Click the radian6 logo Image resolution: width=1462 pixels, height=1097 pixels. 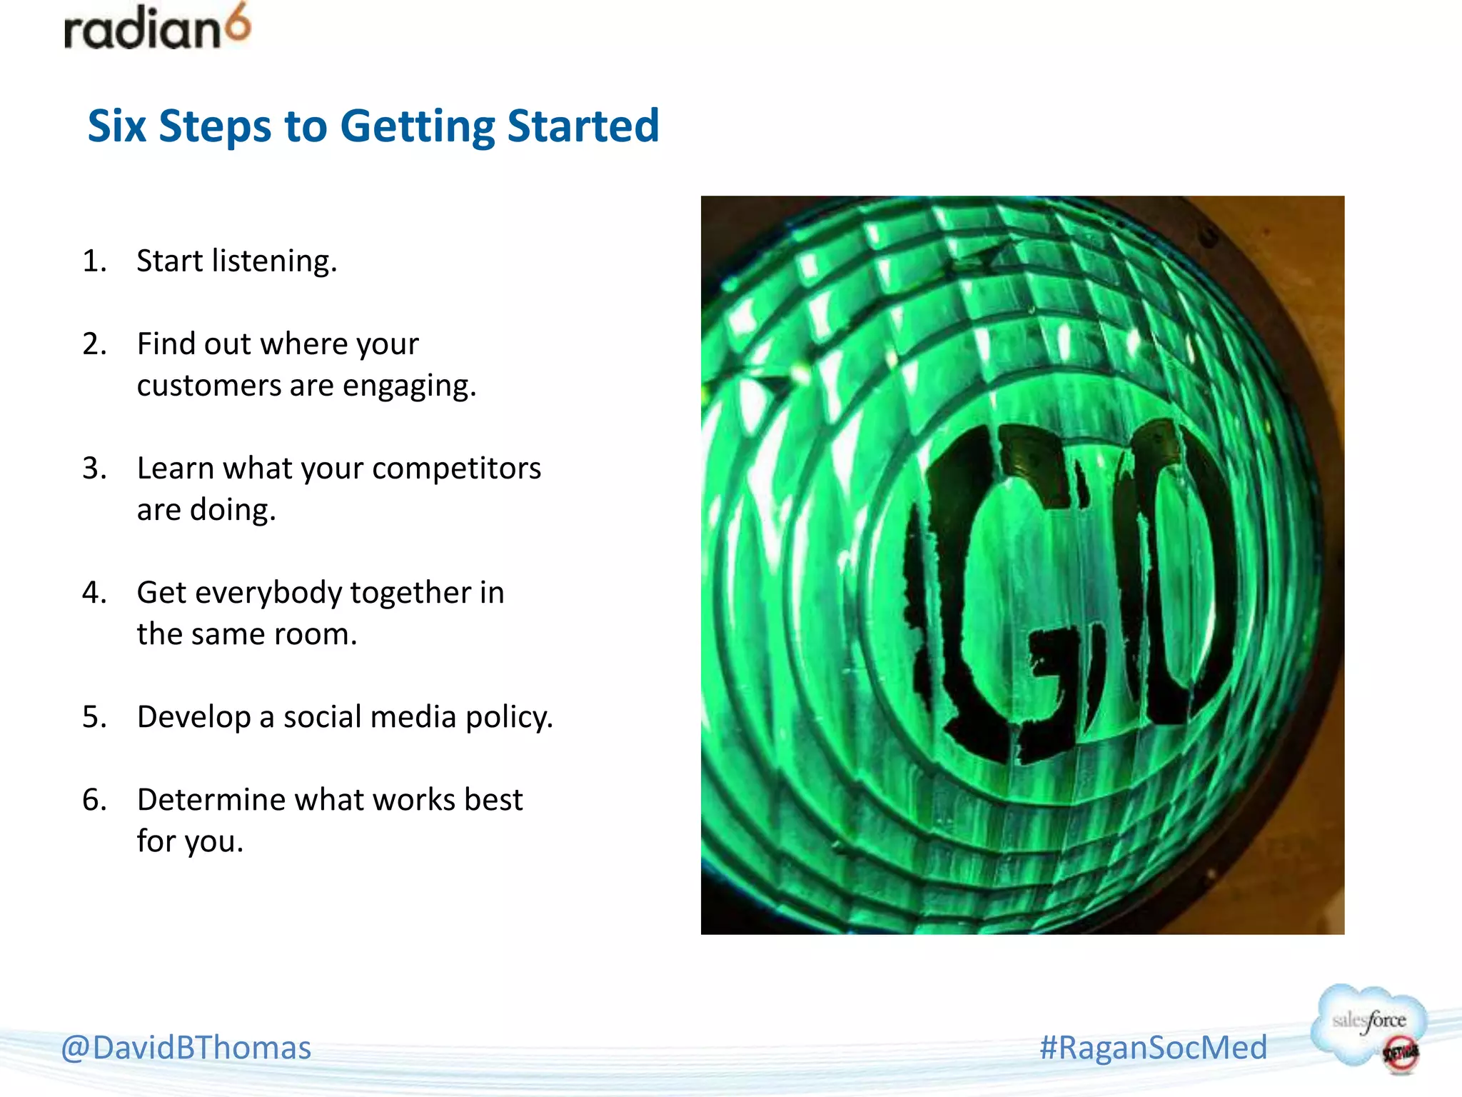coord(157,29)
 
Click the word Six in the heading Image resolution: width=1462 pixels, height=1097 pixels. coord(117,126)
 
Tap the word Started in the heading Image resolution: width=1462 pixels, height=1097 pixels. coord(583,126)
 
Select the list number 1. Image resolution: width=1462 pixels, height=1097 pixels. coord(94,261)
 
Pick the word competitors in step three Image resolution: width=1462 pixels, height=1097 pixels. coord(456,469)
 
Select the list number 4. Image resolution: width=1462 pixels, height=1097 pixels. coord(94,592)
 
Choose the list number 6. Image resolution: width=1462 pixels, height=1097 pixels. coord(94,800)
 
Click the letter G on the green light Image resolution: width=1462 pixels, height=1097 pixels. coord(1014,593)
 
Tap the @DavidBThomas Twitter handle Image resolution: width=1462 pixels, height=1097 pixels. coord(186,1048)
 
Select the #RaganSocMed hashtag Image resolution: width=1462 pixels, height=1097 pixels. coord(1153,1048)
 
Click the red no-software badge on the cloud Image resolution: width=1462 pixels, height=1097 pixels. coord(1400,1053)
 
